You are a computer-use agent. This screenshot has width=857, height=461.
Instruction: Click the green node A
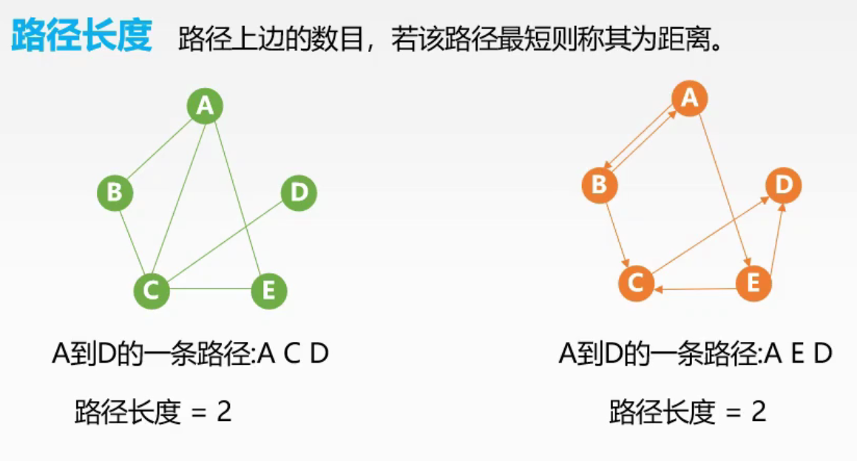(205, 107)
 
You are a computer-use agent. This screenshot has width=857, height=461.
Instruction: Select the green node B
(115, 193)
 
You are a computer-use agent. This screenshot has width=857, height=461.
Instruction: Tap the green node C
(152, 290)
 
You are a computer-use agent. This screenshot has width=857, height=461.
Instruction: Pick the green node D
(299, 193)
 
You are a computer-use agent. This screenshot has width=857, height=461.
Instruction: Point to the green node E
(268, 290)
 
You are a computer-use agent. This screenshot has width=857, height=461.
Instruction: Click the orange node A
(689, 98)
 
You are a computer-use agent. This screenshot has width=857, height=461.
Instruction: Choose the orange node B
(600, 184)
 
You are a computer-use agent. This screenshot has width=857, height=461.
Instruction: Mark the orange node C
(635, 282)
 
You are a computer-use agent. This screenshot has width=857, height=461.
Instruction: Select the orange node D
(783, 184)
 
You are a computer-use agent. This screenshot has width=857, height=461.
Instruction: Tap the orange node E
(753, 282)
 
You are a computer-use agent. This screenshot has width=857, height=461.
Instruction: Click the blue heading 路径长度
(81, 36)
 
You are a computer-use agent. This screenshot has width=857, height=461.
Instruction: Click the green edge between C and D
(226, 241)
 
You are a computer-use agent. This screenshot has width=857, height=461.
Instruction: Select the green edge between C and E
(210, 289)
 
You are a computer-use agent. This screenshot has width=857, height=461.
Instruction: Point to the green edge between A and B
(160, 150)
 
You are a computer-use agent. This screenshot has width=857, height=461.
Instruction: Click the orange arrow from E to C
(695, 289)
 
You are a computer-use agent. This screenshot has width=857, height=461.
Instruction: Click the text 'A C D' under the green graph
(293, 354)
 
